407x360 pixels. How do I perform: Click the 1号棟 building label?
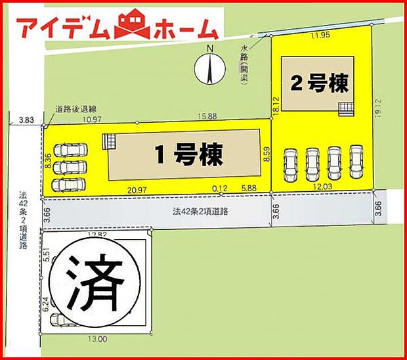pos(189,155)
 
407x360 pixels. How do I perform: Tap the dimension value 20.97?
pos(137,189)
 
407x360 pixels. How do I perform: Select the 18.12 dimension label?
pos(277,108)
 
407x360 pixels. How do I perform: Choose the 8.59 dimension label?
pos(267,155)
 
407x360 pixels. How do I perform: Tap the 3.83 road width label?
pos(26,120)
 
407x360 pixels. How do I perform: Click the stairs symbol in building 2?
pos(345,108)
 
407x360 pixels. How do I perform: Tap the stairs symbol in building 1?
pos(110,142)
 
